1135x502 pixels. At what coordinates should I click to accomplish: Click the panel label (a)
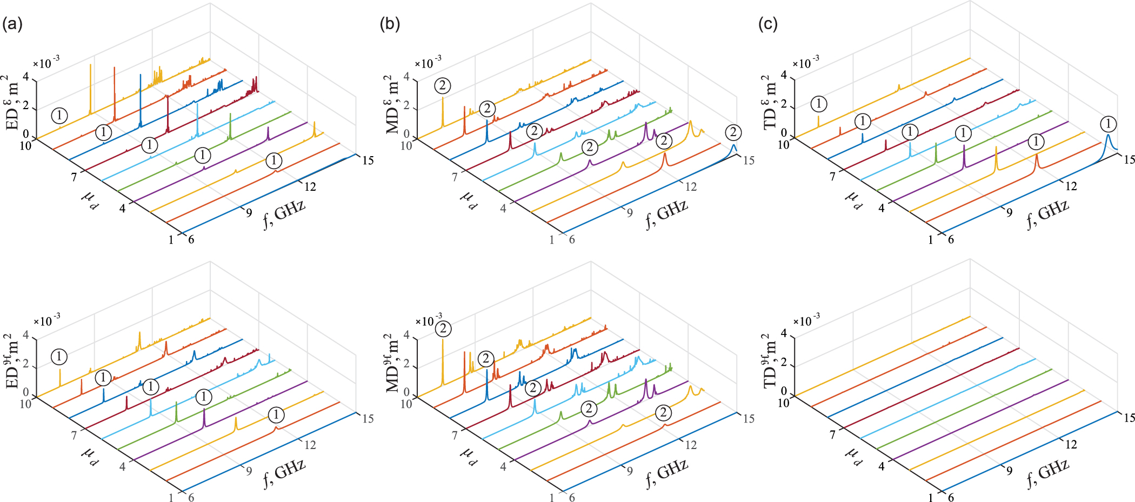[x=12, y=24]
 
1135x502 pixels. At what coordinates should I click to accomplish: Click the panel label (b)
[x=390, y=24]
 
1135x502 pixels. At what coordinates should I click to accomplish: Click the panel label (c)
[x=767, y=24]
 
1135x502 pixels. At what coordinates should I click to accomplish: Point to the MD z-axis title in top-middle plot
[x=393, y=104]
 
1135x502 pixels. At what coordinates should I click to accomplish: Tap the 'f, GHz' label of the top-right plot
[x=1047, y=214]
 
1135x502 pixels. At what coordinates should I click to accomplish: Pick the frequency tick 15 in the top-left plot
[x=368, y=160]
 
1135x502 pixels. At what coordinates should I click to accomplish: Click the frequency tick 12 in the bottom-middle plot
[x=691, y=445]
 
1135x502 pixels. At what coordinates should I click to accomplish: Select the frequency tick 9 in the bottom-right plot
[x=1009, y=471]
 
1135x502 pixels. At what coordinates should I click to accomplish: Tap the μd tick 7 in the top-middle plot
[x=455, y=177]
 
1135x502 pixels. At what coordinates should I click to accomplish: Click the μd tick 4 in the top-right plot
[x=881, y=208]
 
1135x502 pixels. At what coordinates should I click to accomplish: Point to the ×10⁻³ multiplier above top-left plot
[x=46, y=63]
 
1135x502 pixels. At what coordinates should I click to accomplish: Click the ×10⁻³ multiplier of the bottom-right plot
[x=806, y=321]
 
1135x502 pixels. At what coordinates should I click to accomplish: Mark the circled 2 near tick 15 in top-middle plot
[x=733, y=132]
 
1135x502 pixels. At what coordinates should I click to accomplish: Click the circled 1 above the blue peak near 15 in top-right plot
[x=1108, y=124]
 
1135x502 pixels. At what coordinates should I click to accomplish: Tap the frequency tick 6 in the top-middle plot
[x=572, y=239]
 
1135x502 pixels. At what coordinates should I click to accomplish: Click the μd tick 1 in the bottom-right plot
[x=930, y=498]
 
